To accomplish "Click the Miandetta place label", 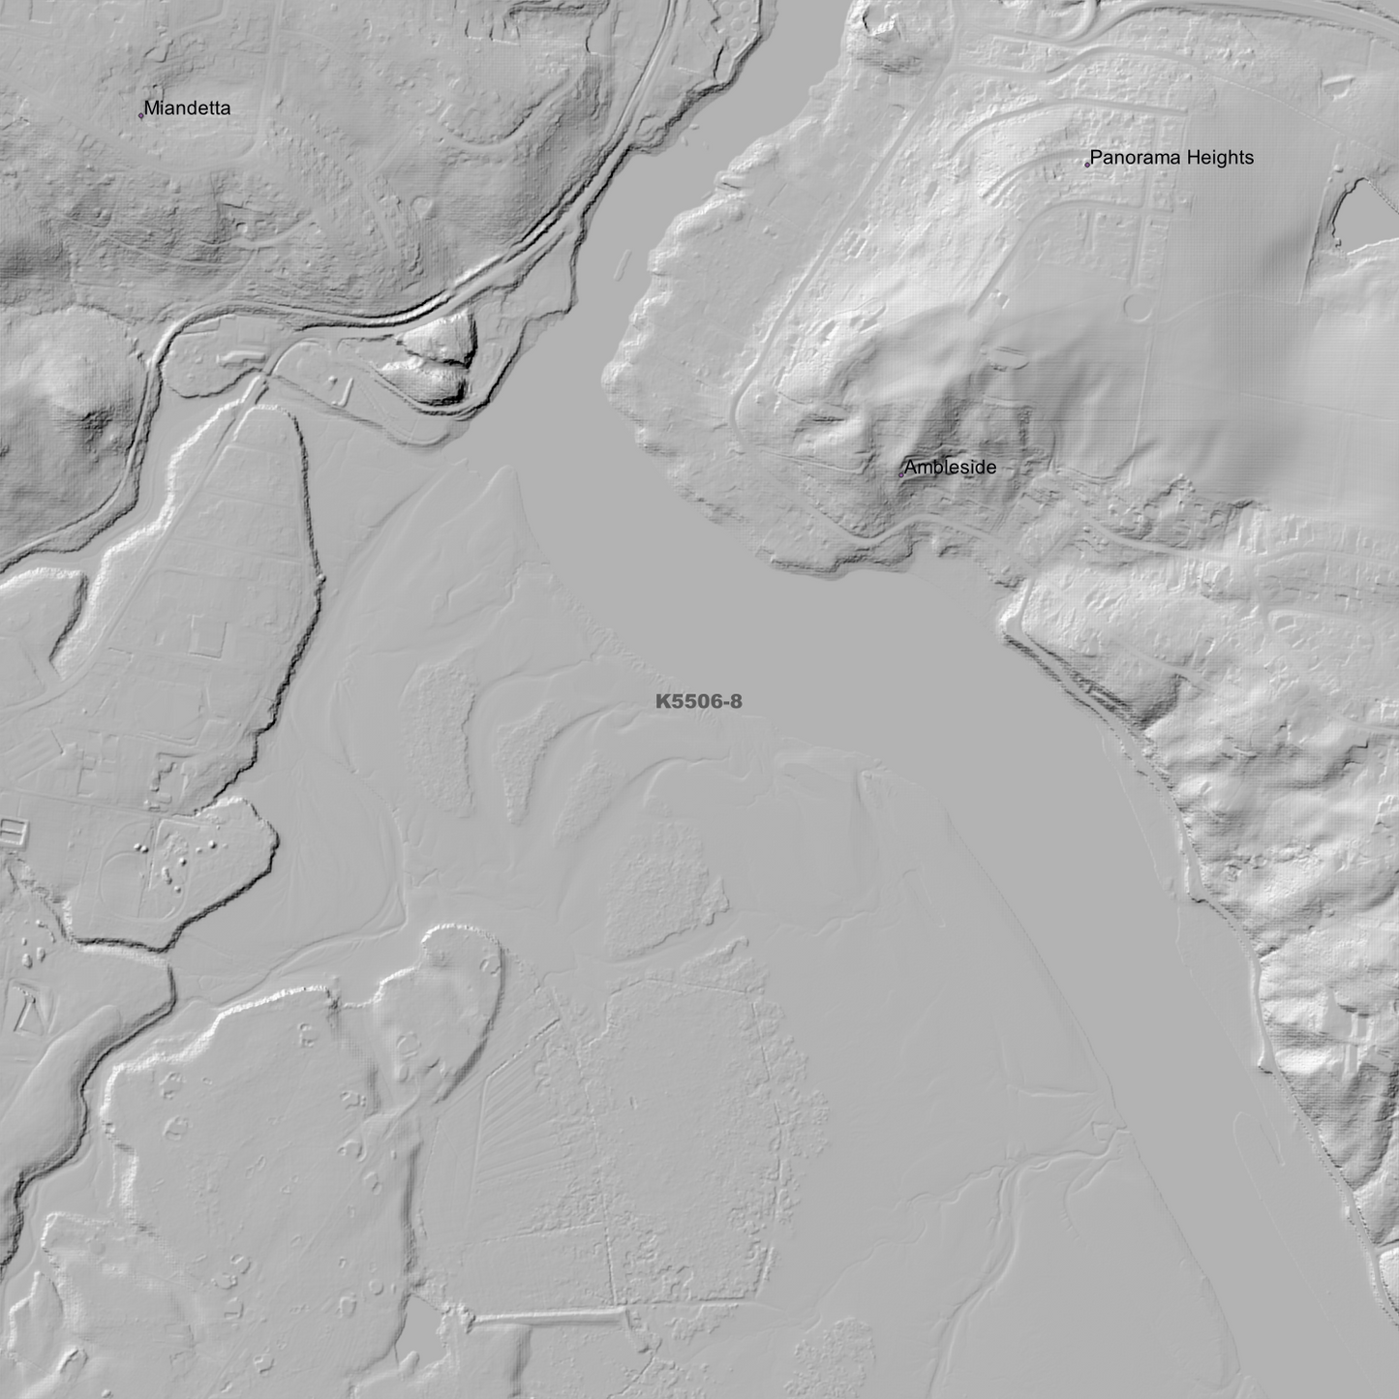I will click(x=187, y=108).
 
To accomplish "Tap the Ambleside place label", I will click(x=949, y=468).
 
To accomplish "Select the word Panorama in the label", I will click(x=1130, y=158).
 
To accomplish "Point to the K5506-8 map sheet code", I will click(x=698, y=702).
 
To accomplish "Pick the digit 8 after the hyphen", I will click(x=736, y=702).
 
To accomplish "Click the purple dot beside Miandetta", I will click(x=141, y=116).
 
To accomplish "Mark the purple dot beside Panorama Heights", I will click(x=1087, y=165).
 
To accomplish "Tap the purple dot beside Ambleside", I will click(x=900, y=475).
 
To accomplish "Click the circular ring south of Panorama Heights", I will click(x=1137, y=309).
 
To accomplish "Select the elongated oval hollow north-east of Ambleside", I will click(x=1007, y=356).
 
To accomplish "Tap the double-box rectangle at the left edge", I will click(x=11, y=830).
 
